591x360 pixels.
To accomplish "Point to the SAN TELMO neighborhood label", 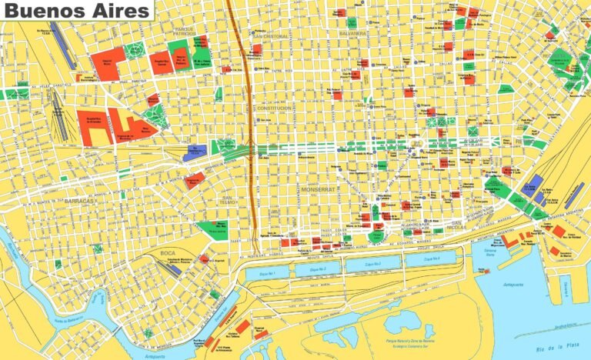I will [x=229, y=202].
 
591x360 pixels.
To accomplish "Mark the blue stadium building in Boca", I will [x=175, y=269].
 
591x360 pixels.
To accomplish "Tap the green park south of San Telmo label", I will [x=212, y=228].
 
